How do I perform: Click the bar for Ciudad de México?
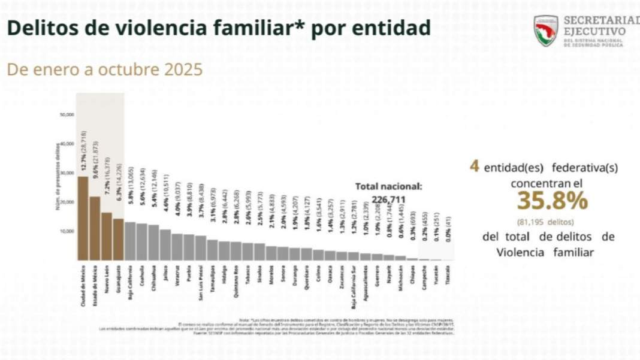pos(83,219)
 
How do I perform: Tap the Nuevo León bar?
pos(106,236)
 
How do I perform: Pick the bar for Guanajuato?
pos(118,239)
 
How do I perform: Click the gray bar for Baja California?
pos(130,241)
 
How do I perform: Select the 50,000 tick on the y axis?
pos(67,114)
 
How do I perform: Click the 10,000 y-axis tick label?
pos(67,231)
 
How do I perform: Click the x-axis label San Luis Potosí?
pos(201,281)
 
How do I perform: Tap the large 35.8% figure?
pos(544,201)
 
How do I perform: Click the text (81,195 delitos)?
pos(544,221)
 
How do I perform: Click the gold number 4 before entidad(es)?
pos(474,166)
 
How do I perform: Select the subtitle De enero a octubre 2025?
pos(104,69)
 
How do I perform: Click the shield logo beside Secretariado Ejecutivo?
pos(545,31)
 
